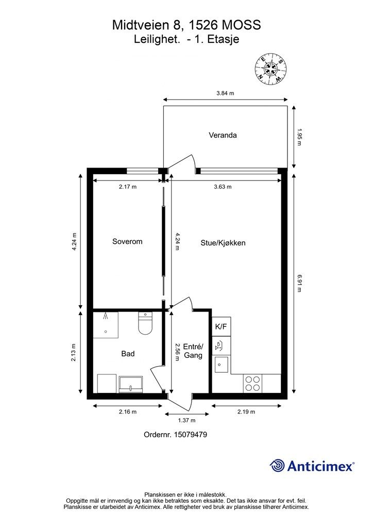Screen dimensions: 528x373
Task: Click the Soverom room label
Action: tap(127, 241)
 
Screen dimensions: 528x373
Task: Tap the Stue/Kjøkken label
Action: tap(223, 242)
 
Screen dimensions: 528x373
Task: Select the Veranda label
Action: tap(223, 136)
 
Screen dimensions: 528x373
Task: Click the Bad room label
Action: tap(128, 354)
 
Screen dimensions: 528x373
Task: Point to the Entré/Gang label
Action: tap(194, 351)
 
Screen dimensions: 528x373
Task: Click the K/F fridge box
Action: tap(221, 326)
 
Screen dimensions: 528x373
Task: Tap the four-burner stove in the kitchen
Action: tap(252, 383)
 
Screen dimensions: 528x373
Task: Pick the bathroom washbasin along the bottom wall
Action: tap(132, 384)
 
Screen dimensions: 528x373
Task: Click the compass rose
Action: tap(270, 69)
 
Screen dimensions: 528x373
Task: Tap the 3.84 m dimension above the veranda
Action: tap(225, 93)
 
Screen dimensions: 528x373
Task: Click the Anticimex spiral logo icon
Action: tap(277, 466)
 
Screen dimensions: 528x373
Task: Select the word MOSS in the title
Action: tap(241, 24)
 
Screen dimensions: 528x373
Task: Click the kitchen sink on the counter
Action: tap(222, 365)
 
